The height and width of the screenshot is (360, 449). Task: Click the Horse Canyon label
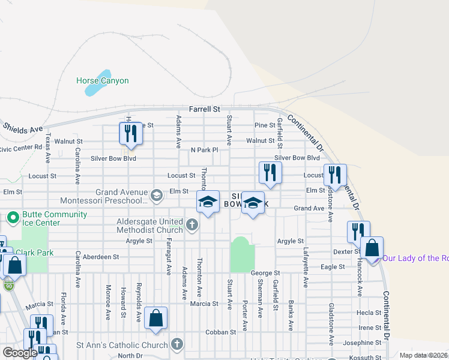(x=102, y=80)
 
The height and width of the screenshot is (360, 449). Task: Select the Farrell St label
(x=204, y=109)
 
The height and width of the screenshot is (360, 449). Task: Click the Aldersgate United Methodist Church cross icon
(x=191, y=226)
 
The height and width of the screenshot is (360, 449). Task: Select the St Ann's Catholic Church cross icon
(x=176, y=344)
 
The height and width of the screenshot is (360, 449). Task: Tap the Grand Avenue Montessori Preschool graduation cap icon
(x=157, y=195)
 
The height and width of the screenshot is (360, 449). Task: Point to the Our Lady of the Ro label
(x=415, y=258)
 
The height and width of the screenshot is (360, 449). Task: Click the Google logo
(x=20, y=353)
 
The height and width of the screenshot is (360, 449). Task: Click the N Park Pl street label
(x=205, y=149)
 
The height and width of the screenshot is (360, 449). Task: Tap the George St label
(x=265, y=273)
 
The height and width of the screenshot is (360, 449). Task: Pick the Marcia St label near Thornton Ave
(x=204, y=304)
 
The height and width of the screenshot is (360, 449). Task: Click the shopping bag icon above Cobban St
(x=155, y=319)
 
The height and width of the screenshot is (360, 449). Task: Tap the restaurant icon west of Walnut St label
(x=130, y=134)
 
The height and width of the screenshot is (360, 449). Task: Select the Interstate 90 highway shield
(x=8, y=284)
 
